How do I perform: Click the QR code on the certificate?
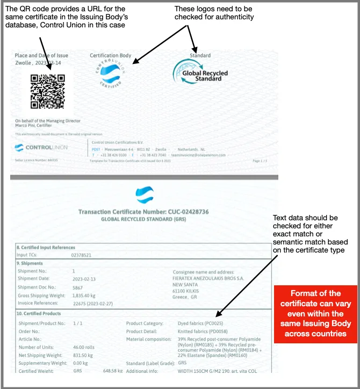click(48, 91)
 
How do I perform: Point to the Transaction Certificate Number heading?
click(143, 212)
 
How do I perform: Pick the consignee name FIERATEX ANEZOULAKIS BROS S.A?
click(207, 279)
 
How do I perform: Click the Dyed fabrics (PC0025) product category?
click(201, 323)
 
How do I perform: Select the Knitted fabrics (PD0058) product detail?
click(202, 332)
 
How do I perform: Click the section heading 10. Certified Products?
click(39, 313)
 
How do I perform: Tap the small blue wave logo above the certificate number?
click(145, 194)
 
